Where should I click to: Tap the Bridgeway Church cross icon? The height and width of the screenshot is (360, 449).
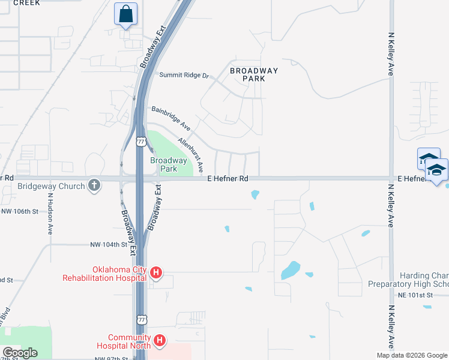(94, 185)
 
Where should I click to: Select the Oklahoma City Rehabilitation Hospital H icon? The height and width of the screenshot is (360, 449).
(155, 274)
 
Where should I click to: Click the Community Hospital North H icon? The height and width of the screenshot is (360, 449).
(160, 341)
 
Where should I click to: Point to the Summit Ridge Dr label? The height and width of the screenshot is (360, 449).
(184, 76)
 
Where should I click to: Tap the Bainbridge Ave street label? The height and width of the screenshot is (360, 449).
(171, 119)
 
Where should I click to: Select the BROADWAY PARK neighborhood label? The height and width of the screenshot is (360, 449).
(255, 75)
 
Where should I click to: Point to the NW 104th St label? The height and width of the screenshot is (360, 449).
(109, 245)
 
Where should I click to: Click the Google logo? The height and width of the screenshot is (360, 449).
(20, 353)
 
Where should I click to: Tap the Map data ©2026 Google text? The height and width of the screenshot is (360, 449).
(412, 355)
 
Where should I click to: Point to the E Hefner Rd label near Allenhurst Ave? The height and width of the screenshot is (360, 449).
(228, 179)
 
